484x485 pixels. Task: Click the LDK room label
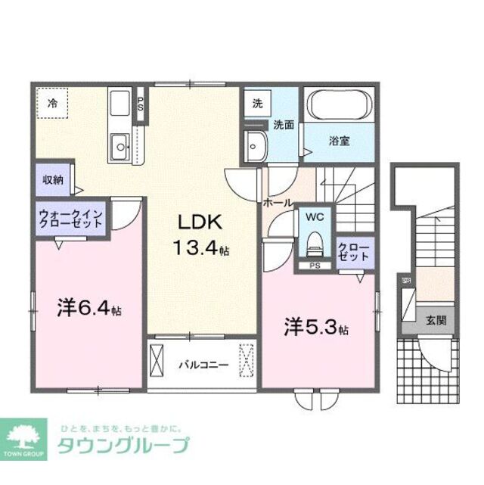(x=199, y=222)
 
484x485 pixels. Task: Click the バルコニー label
(x=203, y=365)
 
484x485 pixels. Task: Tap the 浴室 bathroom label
(x=338, y=141)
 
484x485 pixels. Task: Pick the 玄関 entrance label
(x=436, y=320)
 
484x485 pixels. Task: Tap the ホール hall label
(x=277, y=203)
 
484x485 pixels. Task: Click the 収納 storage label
(x=52, y=180)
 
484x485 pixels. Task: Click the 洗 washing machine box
(x=257, y=104)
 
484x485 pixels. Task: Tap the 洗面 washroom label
(x=284, y=126)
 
